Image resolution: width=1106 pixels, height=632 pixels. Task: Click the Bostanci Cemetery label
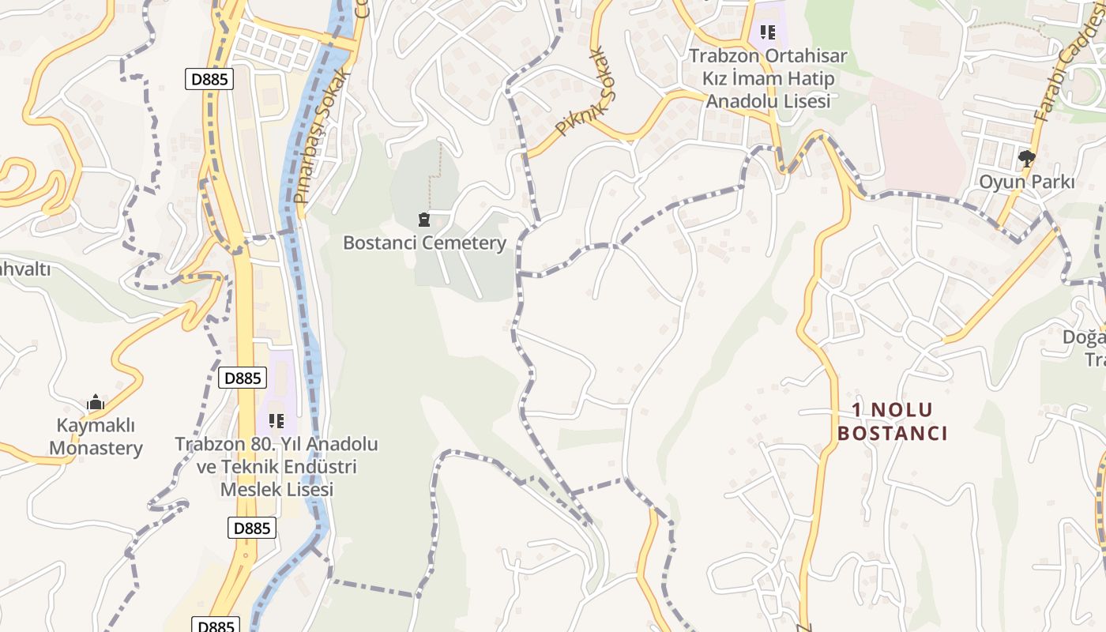(424, 243)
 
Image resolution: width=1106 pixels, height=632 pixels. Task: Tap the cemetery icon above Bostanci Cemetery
(424, 219)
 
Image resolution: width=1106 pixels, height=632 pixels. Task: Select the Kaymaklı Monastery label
(96, 437)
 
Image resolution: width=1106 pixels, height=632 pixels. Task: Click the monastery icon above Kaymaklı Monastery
(96, 403)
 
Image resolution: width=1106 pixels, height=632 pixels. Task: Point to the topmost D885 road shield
(209, 79)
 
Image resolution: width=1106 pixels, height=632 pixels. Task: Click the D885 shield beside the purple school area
(243, 378)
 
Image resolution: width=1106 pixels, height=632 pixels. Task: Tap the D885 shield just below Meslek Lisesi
(252, 528)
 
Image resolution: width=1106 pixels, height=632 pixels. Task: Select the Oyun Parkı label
(1027, 182)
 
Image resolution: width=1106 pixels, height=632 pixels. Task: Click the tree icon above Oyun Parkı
(1027, 159)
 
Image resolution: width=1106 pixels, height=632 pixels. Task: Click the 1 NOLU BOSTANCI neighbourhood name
(893, 422)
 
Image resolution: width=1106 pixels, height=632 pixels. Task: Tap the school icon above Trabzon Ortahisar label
(767, 32)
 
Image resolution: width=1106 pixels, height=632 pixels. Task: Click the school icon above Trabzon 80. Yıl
(276, 420)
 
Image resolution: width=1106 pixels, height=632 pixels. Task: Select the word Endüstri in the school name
(318, 467)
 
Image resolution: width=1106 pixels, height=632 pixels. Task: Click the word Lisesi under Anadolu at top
(800, 101)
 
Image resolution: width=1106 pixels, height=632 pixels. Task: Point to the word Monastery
(96, 448)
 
